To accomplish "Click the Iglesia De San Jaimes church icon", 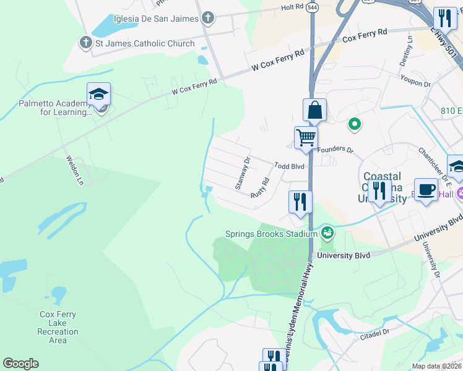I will point(208,19).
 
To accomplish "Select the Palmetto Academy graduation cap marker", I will point(98,95).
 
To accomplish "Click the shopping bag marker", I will point(314,111).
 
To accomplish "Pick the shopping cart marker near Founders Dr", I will point(306,137).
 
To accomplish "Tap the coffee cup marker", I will point(425,190).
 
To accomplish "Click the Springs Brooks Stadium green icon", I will point(327,234).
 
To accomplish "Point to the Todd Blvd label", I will point(290,166).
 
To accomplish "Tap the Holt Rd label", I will point(292,7).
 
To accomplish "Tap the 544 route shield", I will point(311,8).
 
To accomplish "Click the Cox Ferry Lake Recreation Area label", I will point(58,327).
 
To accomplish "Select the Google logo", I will point(20,364).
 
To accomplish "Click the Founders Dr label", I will point(335,150).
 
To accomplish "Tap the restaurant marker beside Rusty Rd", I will point(300,202).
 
